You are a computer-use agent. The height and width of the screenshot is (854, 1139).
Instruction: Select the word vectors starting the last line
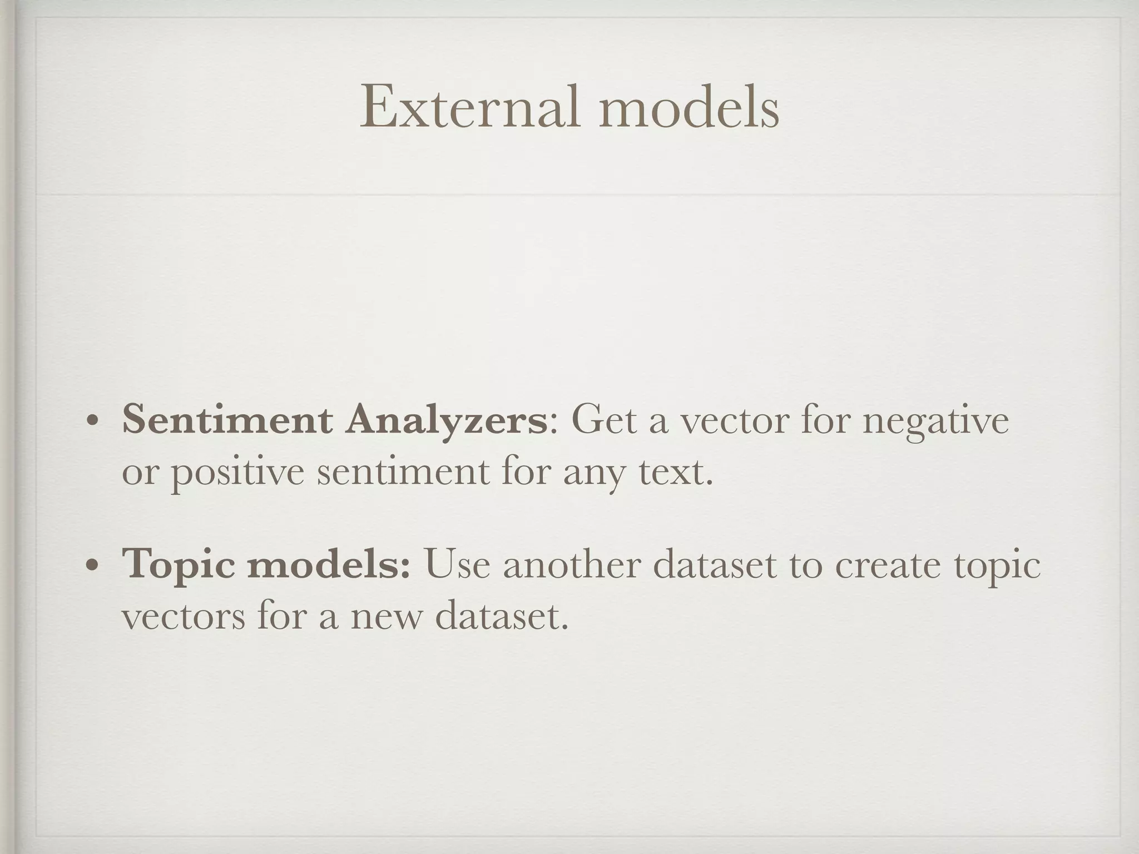183,617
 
